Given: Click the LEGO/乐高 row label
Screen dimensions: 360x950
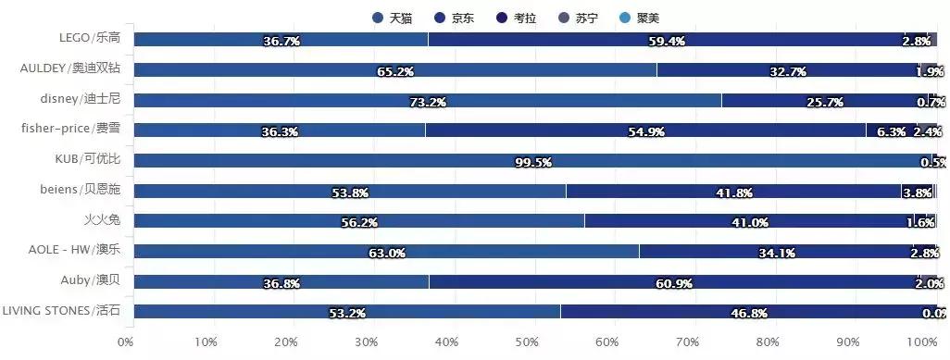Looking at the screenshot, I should [x=89, y=38].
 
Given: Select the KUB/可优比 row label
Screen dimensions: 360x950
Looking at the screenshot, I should [x=88, y=159].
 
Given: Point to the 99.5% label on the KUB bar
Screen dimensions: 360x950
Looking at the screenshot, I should [x=533, y=163].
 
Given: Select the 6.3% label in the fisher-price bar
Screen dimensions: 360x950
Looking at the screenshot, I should [x=892, y=132].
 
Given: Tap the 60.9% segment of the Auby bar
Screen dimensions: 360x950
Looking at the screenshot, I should [x=675, y=284].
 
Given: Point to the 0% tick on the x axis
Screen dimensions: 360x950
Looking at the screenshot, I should [x=126, y=342].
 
